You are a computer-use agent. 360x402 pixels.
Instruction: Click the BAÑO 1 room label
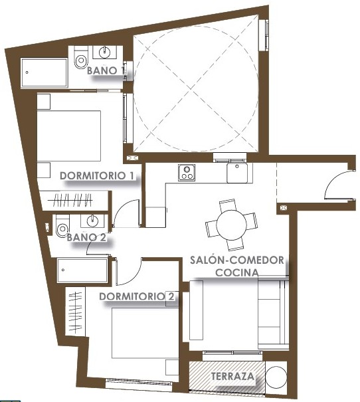106,70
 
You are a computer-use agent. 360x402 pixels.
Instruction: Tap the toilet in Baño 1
81,58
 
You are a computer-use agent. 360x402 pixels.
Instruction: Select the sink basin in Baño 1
104,52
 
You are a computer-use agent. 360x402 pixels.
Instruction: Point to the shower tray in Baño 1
44,72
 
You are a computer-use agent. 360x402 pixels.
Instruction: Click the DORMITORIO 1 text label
97,176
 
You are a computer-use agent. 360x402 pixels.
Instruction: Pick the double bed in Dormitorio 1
68,136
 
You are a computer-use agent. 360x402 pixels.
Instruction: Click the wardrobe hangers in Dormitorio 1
73,200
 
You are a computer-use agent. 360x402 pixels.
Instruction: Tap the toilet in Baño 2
62,226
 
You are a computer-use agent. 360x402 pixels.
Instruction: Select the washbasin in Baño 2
92,221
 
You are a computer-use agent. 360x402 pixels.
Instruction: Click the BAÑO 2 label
86,237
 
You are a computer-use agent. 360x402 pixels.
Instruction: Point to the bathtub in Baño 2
82,270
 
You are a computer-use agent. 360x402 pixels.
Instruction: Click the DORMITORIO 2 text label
137,296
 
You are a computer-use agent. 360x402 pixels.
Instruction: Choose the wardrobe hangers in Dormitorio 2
76,312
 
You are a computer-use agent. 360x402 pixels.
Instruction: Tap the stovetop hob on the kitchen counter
187,173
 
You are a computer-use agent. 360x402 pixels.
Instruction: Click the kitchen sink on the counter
237,173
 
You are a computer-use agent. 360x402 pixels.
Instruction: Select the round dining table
231,225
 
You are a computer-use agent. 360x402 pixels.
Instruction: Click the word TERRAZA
232,376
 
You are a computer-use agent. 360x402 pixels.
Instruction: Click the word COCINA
237,272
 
